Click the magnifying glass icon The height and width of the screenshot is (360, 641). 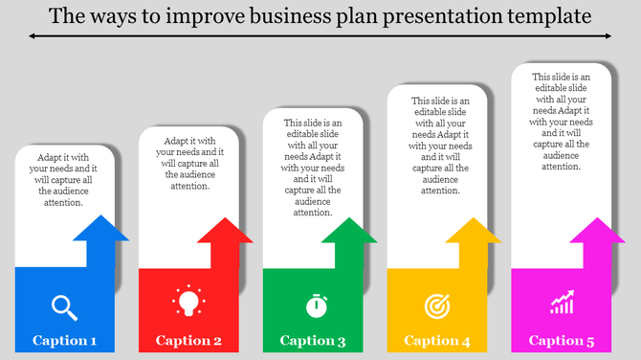click(x=64, y=306)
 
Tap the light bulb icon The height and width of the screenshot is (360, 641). click(x=188, y=302)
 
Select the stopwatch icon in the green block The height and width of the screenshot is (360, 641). click(x=317, y=305)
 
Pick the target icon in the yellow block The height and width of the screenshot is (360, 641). click(x=436, y=305)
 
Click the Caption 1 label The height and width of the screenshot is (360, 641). click(x=64, y=341)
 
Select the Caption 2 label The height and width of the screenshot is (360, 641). click(x=188, y=341)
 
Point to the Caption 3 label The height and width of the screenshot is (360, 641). click(x=313, y=341)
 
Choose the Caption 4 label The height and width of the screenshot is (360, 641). click(x=437, y=341)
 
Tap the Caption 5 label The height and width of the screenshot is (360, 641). click(x=562, y=341)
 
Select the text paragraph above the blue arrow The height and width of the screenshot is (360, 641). click(x=65, y=179)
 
